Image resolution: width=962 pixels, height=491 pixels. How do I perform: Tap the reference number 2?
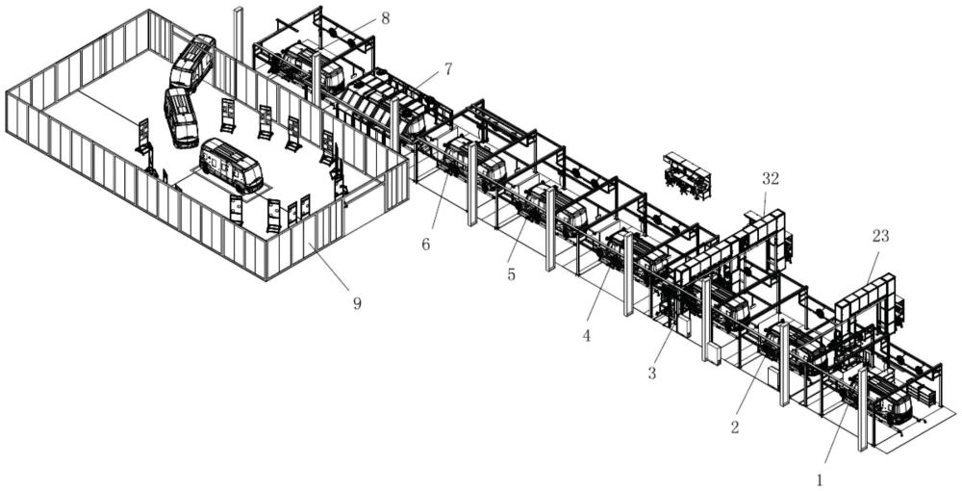pyautogui.click(x=735, y=427)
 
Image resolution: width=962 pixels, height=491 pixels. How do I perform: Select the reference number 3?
pyautogui.click(x=651, y=373)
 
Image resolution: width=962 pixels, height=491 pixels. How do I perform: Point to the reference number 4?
pyautogui.click(x=587, y=336)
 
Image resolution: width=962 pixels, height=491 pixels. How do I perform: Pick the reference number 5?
pyautogui.click(x=511, y=274)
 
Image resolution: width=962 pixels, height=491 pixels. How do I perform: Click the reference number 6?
pyautogui.click(x=426, y=245)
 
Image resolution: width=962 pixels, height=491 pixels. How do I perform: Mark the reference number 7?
pyautogui.click(x=448, y=69)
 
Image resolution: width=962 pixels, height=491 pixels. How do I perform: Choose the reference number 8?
pyautogui.click(x=385, y=17)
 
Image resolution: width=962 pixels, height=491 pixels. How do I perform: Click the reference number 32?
pyautogui.click(x=771, y=179)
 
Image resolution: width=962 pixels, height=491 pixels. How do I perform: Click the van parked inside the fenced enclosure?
pyautogui.click(x=232, y=165)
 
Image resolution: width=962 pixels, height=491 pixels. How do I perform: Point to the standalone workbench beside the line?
pyautogui.click(x=688, y=174)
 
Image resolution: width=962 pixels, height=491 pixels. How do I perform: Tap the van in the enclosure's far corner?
pyautogui.click(x=192, y=62)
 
